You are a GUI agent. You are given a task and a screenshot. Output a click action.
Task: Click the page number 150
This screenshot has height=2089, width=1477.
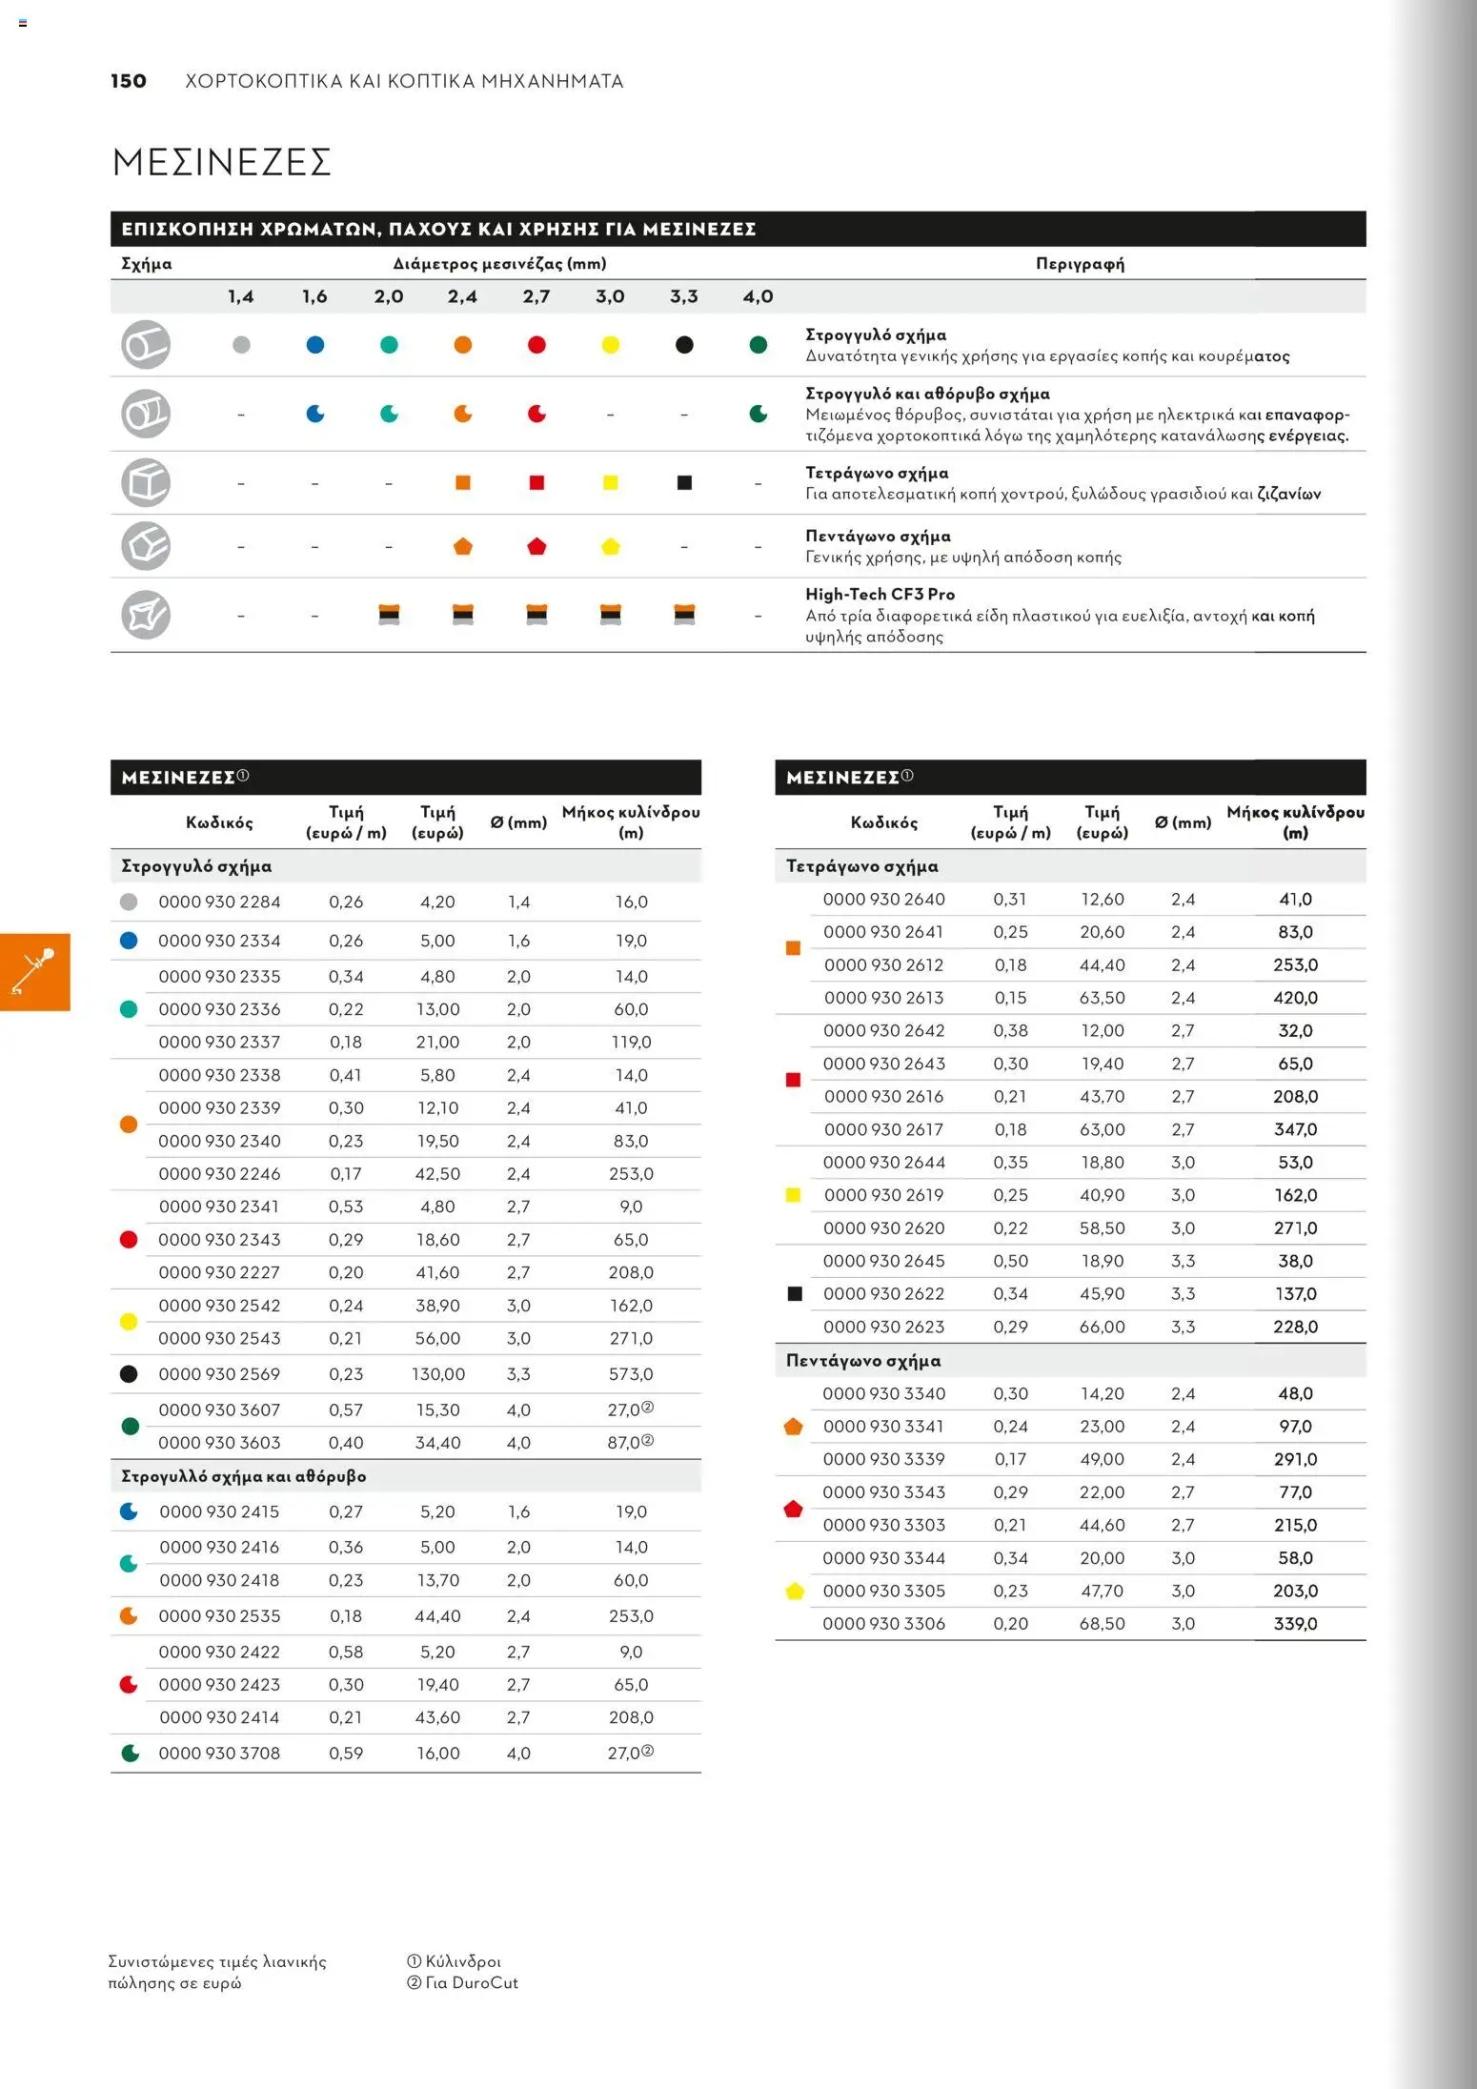129,81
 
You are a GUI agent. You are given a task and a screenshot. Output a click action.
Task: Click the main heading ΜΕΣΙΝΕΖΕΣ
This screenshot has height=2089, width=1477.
221,162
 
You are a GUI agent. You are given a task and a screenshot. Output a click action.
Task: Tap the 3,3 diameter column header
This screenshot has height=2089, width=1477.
683,296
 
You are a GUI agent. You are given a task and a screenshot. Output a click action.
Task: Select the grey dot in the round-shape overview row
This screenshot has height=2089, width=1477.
241,345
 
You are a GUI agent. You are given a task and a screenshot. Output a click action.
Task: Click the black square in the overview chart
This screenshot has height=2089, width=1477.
684,483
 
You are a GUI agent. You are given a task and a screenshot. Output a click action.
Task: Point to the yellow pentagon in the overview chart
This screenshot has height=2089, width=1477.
611,547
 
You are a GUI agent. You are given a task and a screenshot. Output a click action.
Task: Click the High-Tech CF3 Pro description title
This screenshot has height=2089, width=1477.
880,595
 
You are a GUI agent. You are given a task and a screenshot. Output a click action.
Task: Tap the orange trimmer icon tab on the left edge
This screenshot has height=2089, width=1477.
34,971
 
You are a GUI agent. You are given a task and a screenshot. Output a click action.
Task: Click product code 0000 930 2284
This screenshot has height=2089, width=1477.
219,902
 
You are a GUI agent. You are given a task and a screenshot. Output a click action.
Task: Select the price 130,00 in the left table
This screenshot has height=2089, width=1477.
438,1374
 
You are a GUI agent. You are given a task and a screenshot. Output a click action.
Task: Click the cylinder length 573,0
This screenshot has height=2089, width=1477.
631,1374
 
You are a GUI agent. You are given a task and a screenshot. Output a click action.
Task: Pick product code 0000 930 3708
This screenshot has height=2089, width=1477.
219,1753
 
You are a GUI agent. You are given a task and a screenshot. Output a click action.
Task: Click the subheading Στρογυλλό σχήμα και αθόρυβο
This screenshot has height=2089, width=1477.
243,1476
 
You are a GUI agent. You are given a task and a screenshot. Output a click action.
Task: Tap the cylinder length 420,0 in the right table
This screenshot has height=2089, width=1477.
1295,998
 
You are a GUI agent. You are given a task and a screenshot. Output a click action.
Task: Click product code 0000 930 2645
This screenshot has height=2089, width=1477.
883,1261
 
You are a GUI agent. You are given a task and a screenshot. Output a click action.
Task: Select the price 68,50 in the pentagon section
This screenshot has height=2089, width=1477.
1102,1623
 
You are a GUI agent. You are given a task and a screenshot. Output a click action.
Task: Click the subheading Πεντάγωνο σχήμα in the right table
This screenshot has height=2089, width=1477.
862,1361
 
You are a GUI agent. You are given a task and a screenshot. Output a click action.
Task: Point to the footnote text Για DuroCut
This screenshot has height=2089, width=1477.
472,1983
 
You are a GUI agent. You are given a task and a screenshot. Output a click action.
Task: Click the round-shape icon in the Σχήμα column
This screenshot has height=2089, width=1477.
146,345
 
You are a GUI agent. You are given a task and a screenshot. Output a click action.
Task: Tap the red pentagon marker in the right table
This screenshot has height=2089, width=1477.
793,1509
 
